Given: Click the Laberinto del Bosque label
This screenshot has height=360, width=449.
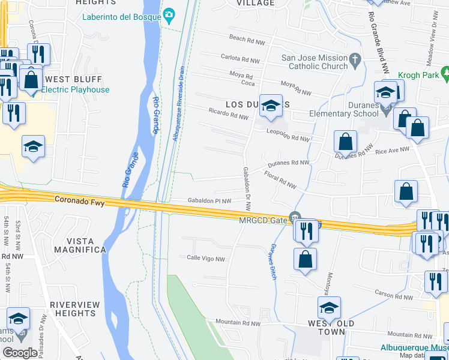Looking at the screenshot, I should tap(122, 16).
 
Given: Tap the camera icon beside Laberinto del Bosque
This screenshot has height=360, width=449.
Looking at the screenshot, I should tap(169, 14).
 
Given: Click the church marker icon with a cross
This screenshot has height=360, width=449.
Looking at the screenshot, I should tap(355, 59).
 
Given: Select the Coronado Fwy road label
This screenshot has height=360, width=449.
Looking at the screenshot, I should tap(79, 202).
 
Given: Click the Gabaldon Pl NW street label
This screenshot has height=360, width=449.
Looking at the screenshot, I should tap(209, 200).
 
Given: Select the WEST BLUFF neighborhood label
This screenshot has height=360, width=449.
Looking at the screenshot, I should tap(74, 79).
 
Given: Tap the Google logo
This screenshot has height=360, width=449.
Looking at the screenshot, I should tap(20, 353).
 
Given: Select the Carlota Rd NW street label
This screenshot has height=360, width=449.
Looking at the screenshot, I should tap(240, 59).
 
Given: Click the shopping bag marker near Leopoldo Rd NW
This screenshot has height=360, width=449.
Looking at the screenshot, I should tap(346, 142).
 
